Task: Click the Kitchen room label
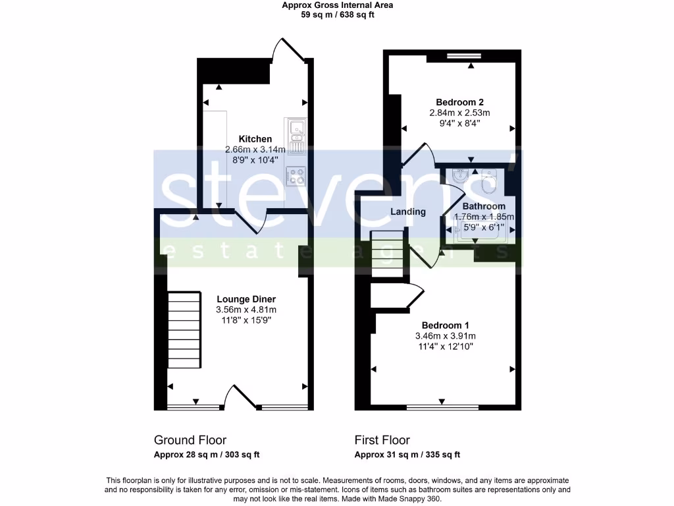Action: pos(255,139)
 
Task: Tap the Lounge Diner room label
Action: pos(246,299)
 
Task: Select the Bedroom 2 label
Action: pos(460,102)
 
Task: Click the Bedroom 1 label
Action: pos(446,325)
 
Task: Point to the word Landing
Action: pos(408,212)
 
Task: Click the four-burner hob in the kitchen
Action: pos(294,175)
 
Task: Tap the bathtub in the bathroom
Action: pos(478,230)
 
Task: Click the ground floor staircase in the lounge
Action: pos(184,330)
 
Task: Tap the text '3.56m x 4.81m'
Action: pos(246,310)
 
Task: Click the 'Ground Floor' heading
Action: pos(190,440)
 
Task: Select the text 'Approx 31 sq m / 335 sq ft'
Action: pos(407,455)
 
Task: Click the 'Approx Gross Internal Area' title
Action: pos(337,5)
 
